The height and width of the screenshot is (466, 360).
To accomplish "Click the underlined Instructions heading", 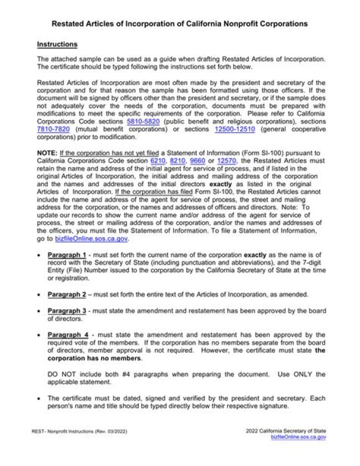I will click(x=57, y=45).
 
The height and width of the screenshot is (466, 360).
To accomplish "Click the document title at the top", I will click(x=179, y=24).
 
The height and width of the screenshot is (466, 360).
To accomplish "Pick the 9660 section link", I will click(x=198, y=161).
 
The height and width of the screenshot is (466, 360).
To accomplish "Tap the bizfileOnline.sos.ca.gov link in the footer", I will click(x=298, y=437).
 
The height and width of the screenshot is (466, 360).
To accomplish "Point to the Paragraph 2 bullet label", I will click(x=67, y=294).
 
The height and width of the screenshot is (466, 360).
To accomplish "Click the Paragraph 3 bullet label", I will click(x=67, y=311).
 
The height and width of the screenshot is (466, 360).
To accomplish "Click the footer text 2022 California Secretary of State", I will click(x=285, y=430).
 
